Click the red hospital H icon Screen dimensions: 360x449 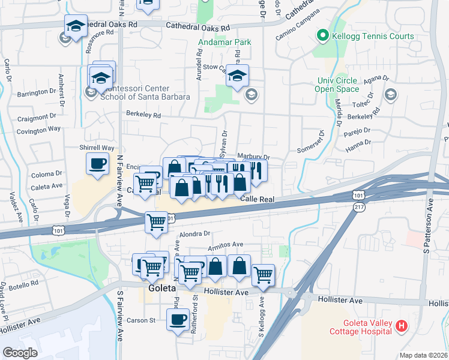pos(402,326)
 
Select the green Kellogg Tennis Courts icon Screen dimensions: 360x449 pos(322,36)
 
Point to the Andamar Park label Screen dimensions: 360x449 pos(225,43)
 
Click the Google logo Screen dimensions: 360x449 pos(20,353)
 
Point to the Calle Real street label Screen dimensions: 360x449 pos(258,199)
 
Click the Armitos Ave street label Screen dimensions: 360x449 pos(225,244)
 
